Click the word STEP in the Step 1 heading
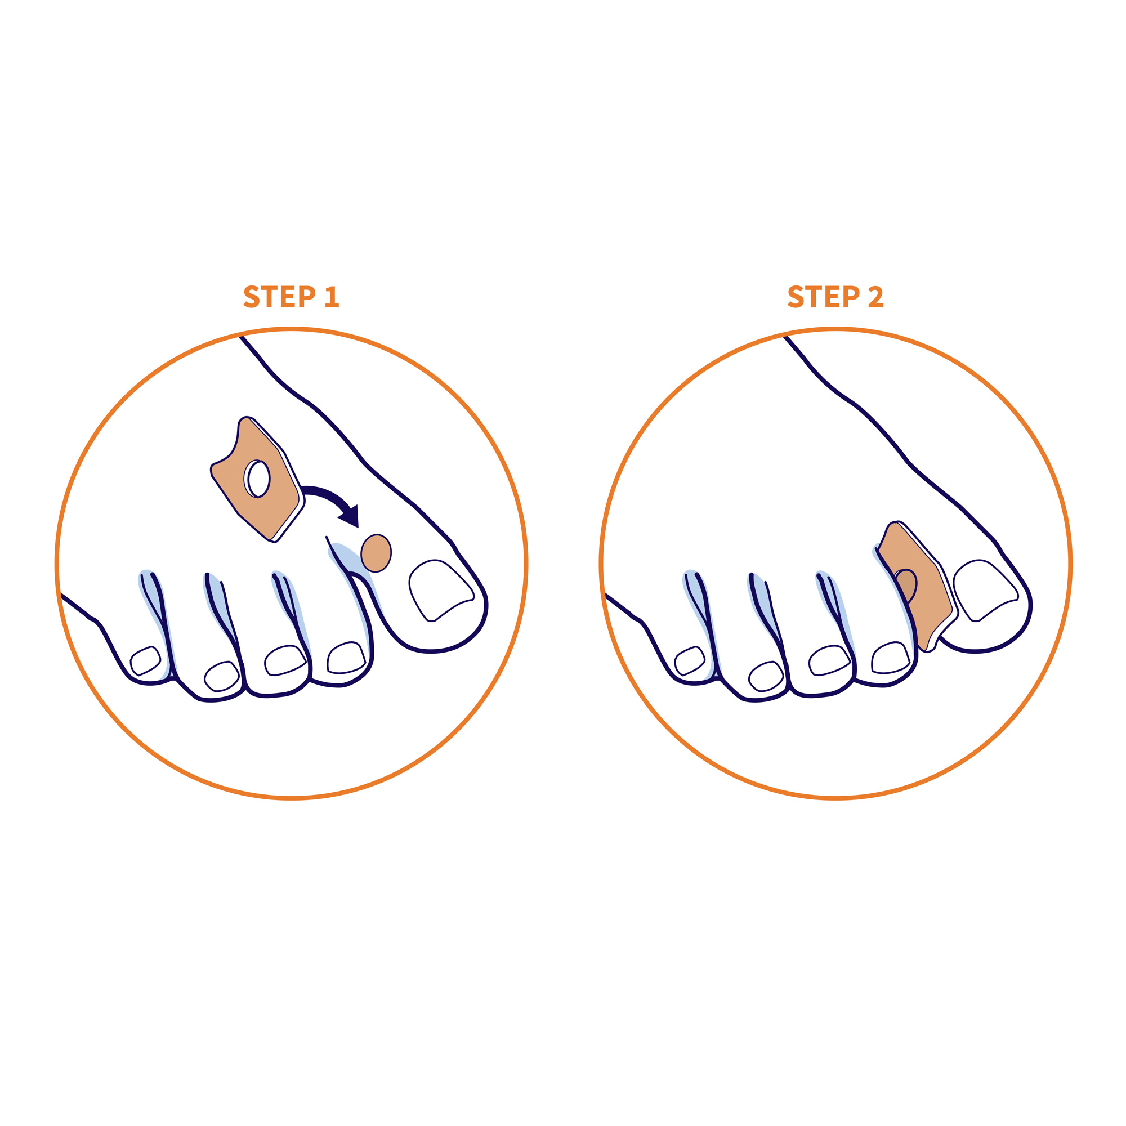(x=279, y=297)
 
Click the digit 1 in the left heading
(x=332, y=297)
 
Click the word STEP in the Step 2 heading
(x=824, y=297)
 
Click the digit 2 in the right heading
(x=876, y=297)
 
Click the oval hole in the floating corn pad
(x=259, y=479)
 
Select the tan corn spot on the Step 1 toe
(x=376, y=553)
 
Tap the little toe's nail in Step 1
(x=145, y=660)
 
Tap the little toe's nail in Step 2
(x=690, y=660)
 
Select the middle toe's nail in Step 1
(x=285, y=660)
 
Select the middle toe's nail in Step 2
(x=829, y=660)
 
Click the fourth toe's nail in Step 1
(x=221, y=676)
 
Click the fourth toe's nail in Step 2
(x=766, y=676)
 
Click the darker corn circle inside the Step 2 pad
(x=905, y=586)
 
